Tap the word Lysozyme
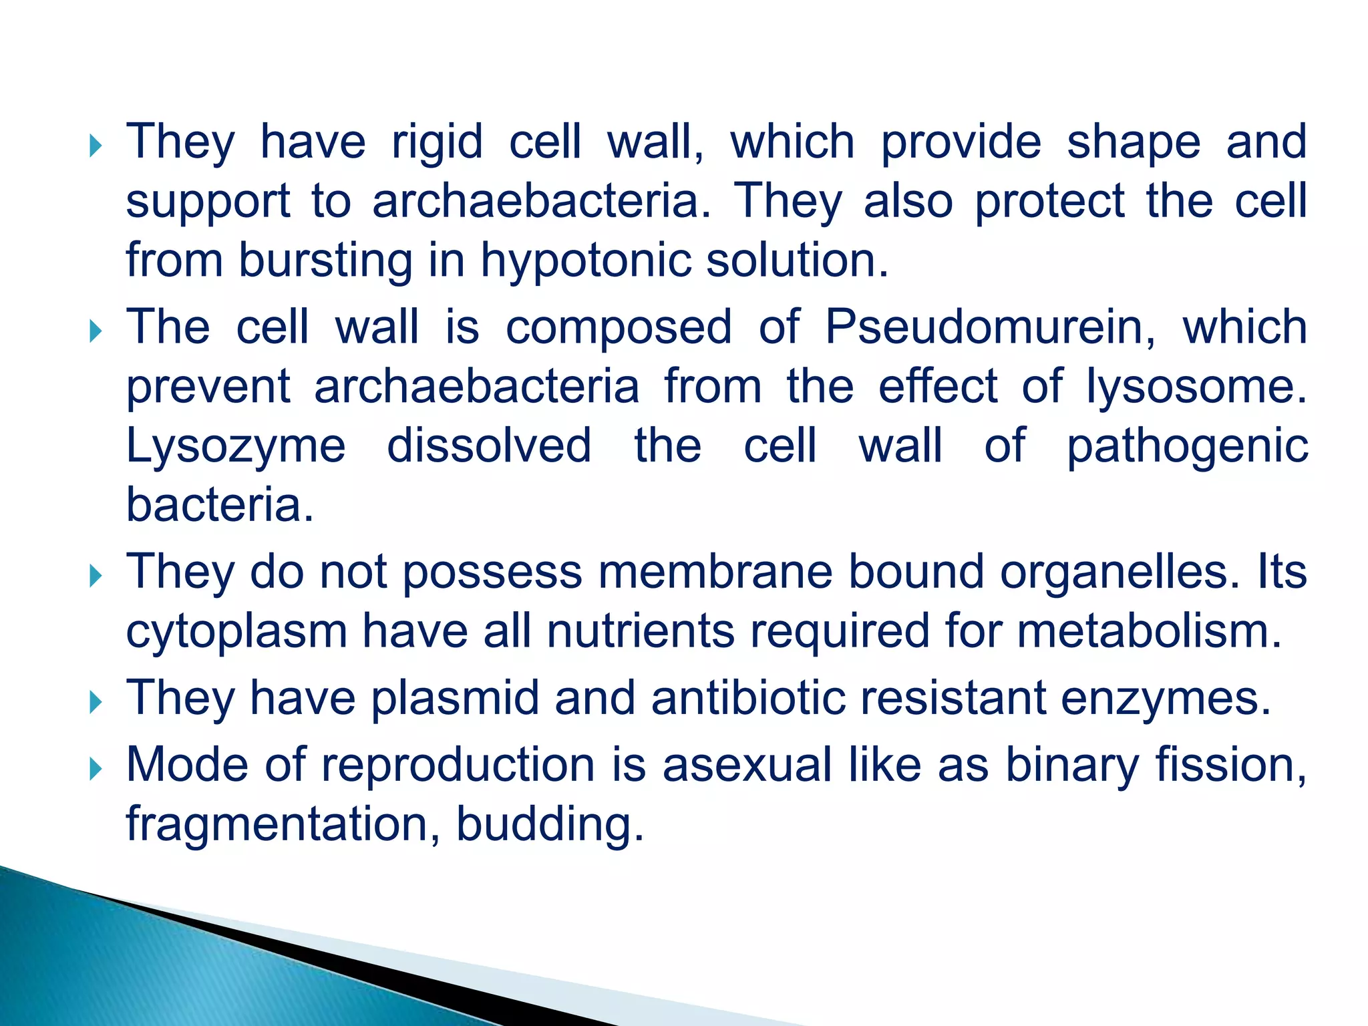coord(236,446)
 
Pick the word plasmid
coord(454,698)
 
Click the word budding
coord(549,824)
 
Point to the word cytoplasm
coord(237,632)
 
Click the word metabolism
coord(1149,632)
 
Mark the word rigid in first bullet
coord(437,142)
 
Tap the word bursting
coord(326,261)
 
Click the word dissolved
coord(489,446)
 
